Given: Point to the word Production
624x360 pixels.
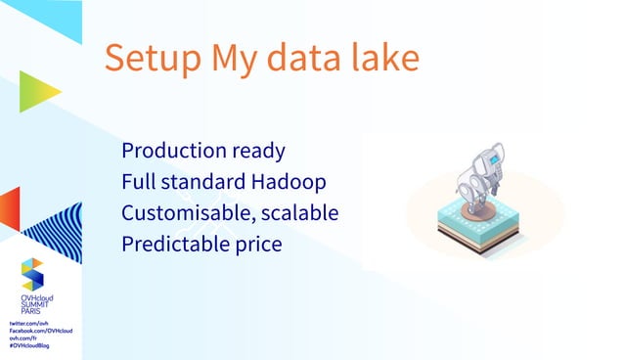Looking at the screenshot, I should point(171,152).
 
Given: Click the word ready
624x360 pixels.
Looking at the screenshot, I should point(256,153).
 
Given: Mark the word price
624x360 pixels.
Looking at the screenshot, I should point(256,245).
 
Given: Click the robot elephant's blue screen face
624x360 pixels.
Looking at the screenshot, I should point(497,157).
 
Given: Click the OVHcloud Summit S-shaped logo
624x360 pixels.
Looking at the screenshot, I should point(32,273).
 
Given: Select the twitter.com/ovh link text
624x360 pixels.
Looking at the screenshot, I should point(29,322).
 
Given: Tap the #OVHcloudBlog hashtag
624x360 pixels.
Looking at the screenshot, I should point(29,345).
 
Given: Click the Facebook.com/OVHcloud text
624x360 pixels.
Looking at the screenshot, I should point(40,330).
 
